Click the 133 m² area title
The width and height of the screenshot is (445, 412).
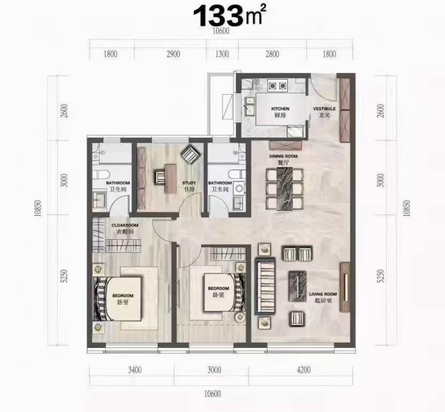[230, 16]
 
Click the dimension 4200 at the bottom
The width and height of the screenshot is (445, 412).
[303, 370]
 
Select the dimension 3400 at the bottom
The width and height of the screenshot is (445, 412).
[135, 370]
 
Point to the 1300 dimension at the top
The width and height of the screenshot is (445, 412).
[222, 54]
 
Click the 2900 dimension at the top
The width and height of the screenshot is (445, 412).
[173, 54]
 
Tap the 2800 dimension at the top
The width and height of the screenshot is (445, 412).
[272, 54]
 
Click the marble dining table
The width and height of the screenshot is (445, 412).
[285, 188]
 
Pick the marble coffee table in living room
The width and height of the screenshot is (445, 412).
[297, 286]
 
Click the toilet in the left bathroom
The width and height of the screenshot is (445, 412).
[99, 175]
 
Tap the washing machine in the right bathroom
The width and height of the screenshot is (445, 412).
[240, 188]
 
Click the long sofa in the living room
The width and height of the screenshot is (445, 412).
[265, 286]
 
